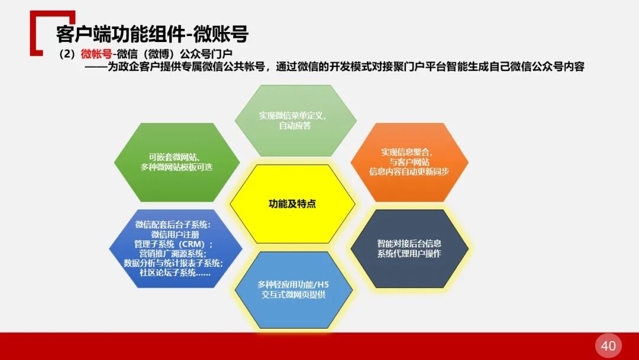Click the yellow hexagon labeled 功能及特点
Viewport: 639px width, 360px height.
pos(292,204)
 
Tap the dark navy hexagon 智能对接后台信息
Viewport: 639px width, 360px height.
pos(409,248)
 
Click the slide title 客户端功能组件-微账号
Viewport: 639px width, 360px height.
pos(151,34)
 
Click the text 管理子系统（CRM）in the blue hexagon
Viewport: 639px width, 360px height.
pos(173,244)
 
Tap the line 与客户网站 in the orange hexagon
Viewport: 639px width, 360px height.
pos(409,162)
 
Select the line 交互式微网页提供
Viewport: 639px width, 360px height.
pos(294,294)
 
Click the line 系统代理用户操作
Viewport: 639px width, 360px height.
pos(409,253)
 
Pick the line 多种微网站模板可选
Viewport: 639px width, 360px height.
pos(176,167)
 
